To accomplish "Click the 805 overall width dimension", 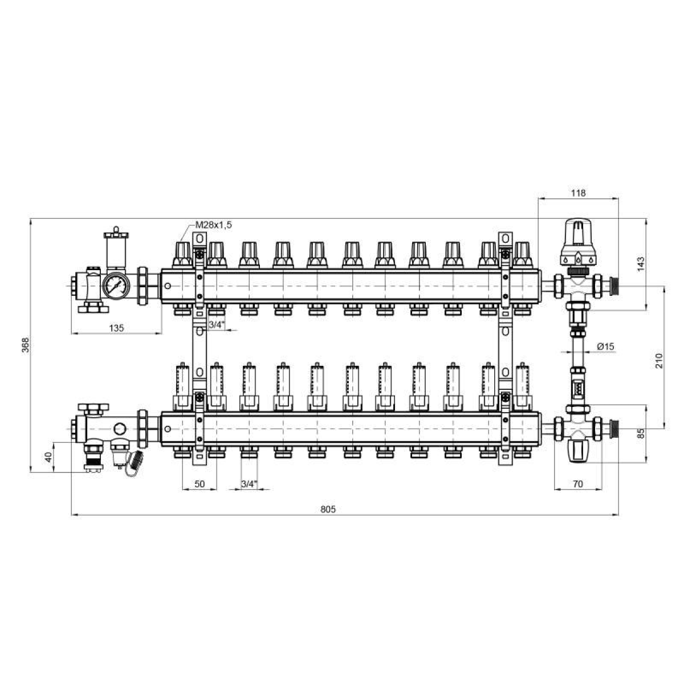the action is point(328,510).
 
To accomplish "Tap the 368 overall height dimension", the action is point(26,345).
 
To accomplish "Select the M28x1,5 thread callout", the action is point(213,225).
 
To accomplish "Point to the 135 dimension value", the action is point(116,328).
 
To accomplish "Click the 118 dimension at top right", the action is point(578,193).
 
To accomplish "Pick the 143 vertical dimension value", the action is point(640,264).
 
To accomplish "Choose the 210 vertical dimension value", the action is point(659,361).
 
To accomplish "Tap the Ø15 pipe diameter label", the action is point(605,346).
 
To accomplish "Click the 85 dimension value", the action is point(640,433).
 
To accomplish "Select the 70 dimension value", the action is point(578,484).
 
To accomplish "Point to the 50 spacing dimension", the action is point(199,484).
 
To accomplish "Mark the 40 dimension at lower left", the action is point(48,457).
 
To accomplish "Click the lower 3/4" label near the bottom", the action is point(249,484).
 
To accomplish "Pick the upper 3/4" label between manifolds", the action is point(217,325).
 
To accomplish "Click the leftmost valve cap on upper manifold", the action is point(182,255).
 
